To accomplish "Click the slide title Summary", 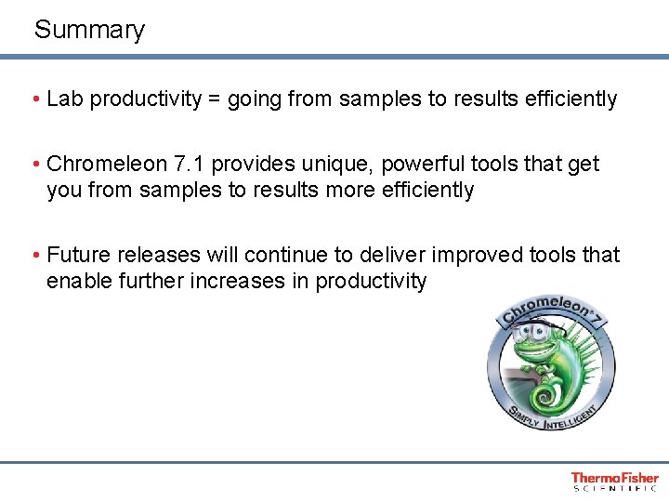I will (89, 30).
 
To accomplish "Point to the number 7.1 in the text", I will (182, 165).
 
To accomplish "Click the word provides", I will (243, 165).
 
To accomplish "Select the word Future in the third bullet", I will (77, 256).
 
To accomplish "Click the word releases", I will (151, 256).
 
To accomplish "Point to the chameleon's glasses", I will (531, 332).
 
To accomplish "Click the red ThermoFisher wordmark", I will (614, 478).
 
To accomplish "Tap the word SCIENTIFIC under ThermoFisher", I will (614, 488).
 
